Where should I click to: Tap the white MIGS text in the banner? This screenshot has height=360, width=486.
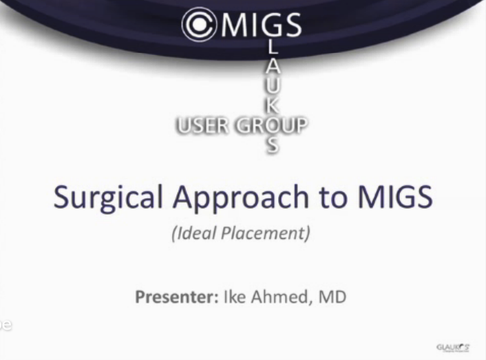pos(261,25)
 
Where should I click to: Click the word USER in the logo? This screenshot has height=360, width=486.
pos(202,126)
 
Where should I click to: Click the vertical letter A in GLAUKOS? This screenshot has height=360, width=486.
pos(273,69)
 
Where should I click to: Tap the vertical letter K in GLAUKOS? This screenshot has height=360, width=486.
pos(273,107)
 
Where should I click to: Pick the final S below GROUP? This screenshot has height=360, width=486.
pos(273,145)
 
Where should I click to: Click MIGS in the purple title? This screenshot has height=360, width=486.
pos(394,197)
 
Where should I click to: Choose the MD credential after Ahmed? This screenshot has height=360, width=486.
pos(331,297)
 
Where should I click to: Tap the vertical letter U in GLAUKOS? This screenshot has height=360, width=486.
pos(273,87)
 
